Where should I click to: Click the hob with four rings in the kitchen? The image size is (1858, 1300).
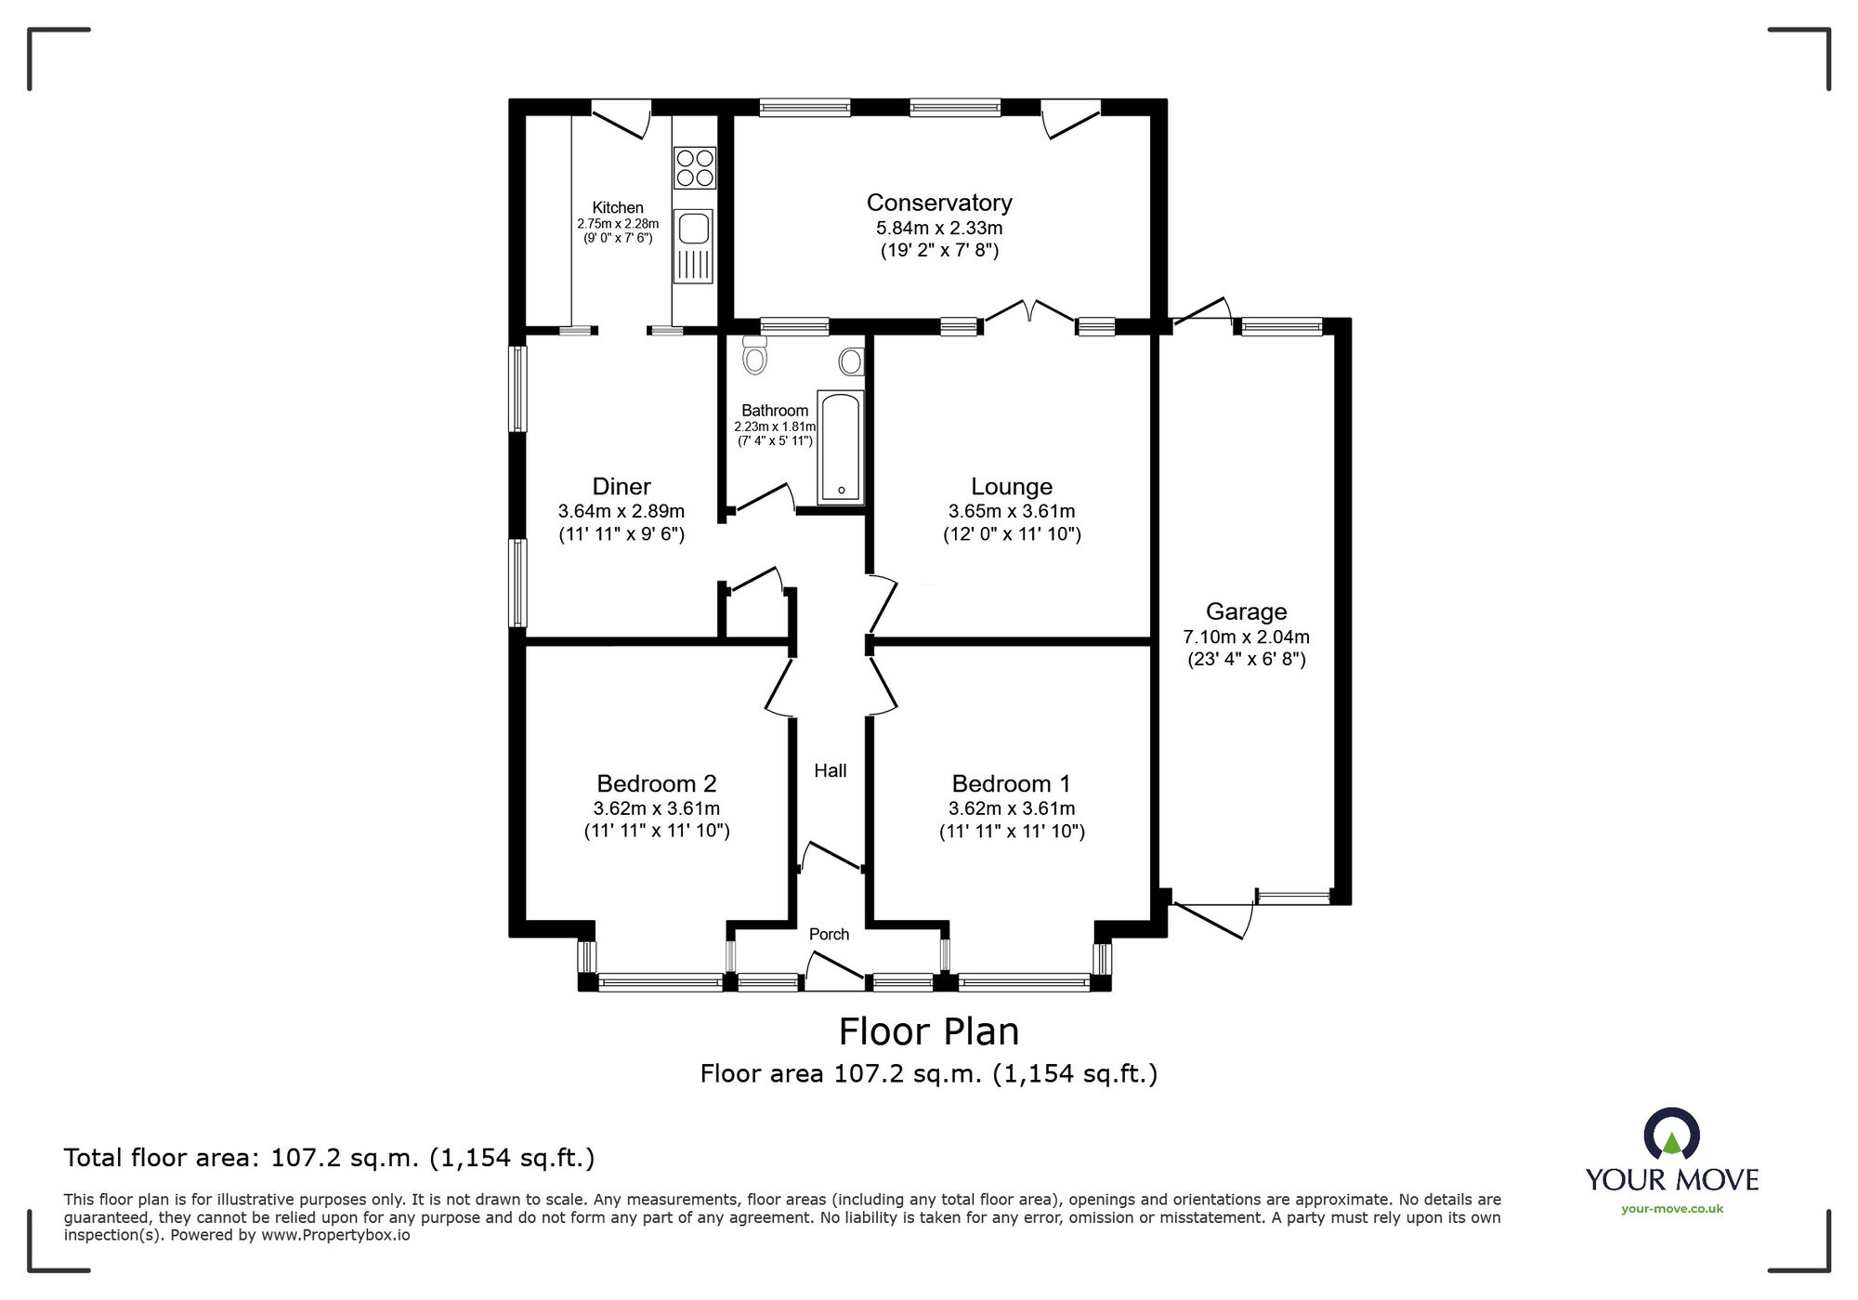[694, 168]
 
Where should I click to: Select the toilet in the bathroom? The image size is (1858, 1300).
[755, 356]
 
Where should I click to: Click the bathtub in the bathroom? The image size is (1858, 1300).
[840, 447]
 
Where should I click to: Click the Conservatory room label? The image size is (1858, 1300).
[939, 203]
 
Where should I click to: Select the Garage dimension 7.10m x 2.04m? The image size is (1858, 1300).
[1246, 637]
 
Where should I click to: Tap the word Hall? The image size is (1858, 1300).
[830, 770]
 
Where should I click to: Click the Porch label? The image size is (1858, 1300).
[829, 934]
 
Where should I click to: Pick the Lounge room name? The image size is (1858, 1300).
[1011, 486]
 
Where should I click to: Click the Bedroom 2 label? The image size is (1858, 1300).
[656, 783]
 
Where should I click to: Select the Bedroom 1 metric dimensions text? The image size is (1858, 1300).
[1011, 808]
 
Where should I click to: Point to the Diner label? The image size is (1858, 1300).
[621, 486]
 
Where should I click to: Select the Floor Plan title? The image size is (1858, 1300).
[928, 1031]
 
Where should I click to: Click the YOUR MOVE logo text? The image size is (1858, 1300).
[1671, 1180]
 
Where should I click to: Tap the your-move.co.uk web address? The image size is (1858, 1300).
[1671, 1209]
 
